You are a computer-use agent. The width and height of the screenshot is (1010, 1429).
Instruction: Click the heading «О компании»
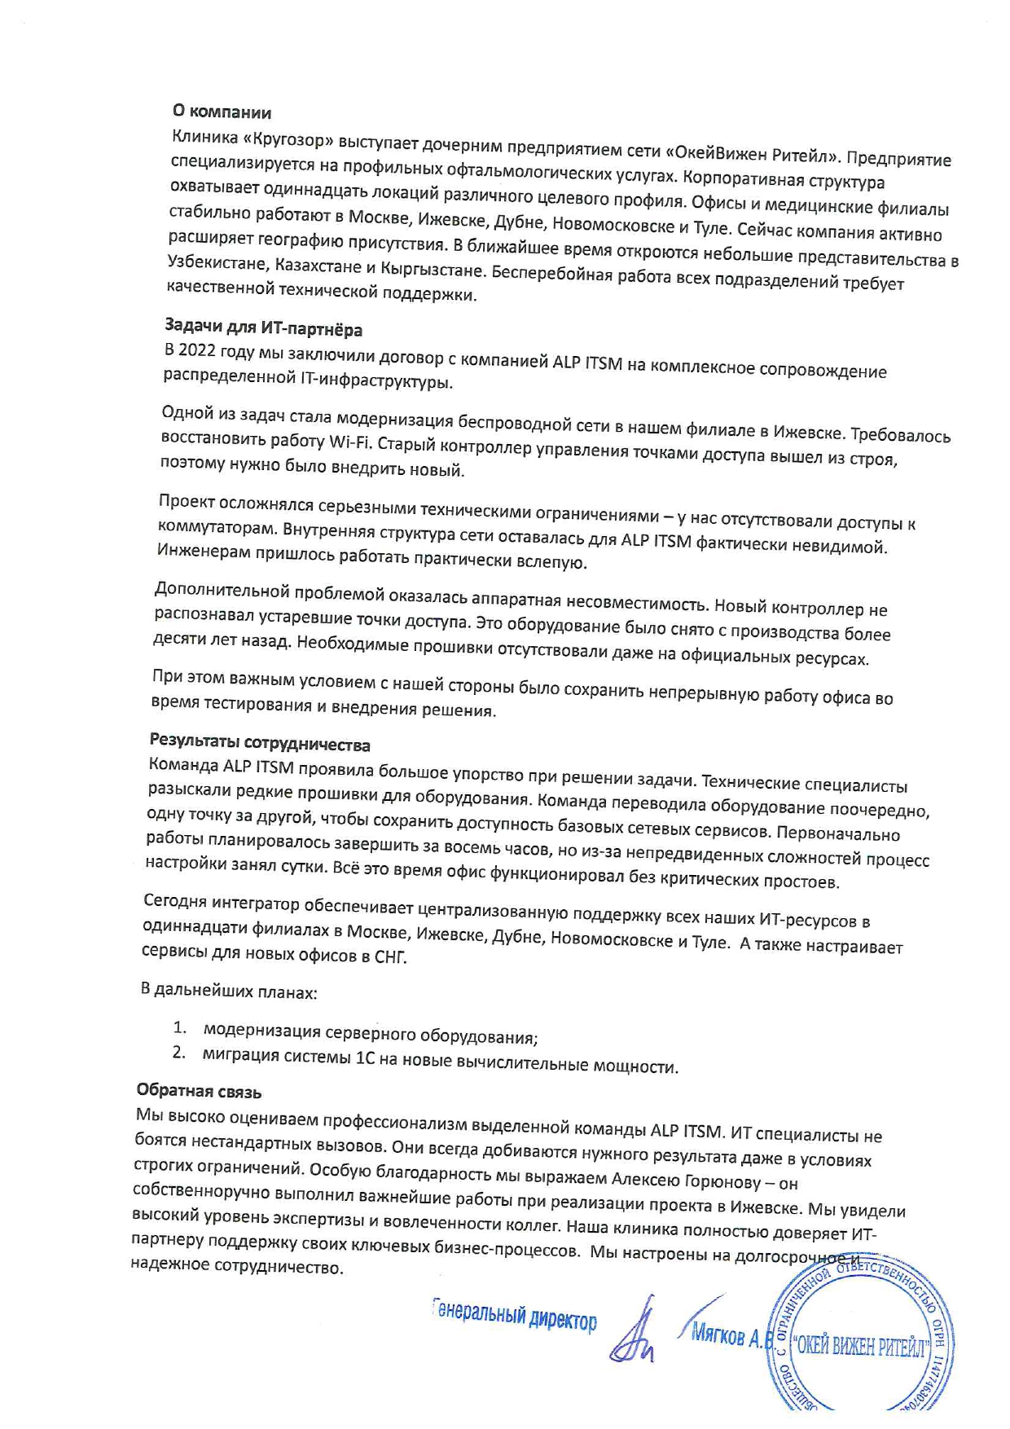(x=222, y=112)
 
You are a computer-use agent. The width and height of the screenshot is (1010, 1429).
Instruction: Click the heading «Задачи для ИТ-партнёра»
(x=263, y=328)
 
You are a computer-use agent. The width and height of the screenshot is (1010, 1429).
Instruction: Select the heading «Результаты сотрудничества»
(x=259, y=742)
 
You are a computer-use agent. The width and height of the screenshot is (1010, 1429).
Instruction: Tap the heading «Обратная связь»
(x=199, y=1090)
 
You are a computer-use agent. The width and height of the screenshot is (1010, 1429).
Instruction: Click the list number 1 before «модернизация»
(x=179, y=1027)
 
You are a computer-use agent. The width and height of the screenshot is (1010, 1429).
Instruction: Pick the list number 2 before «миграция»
(x=178, y=1053)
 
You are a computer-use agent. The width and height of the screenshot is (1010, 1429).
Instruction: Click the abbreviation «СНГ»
(x=390, y=956)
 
